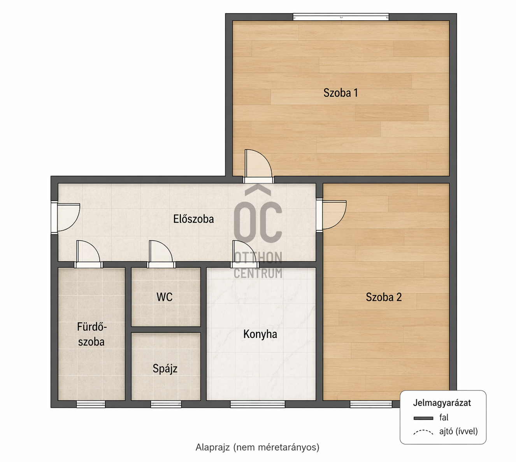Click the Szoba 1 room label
tap(340, 93)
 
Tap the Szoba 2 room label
tap(384, 297)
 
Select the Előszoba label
tap(193, 219)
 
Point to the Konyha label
tap(260, 334)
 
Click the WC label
tap(165, 297)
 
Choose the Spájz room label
tap(165, 369)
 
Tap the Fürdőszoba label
tap(91, 334)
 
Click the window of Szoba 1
tap(341, 17)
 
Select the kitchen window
tap(258, 404)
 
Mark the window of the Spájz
tap(166, 404)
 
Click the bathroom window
tap(91, 404)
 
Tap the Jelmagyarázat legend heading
tap(442, 402)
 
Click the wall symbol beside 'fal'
tap(423, 418)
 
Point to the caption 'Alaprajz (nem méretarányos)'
tap(257, 447)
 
